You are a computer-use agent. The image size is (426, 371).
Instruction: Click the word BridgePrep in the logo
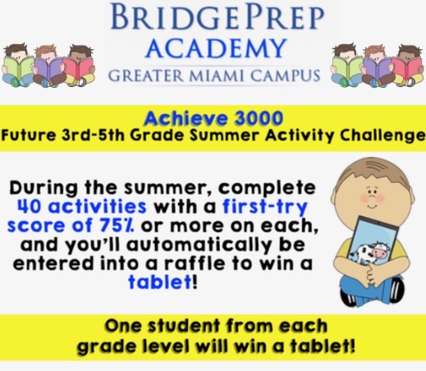[x=218, y=17]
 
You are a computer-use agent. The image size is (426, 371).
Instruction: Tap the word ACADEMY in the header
[x=216, y=48]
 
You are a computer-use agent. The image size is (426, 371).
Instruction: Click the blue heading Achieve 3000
[x=213, y=118]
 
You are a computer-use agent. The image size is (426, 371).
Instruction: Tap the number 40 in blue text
[x=30, y=206]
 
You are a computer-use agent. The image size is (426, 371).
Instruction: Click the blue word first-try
[x=265, y=208]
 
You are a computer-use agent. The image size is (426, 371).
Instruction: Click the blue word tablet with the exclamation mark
[x=160, y=282]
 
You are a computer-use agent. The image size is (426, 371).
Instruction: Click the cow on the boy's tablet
[x=370, y=252]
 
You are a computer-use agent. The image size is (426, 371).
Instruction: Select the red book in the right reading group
[x=407, y=68]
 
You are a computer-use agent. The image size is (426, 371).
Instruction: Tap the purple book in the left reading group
[x=48, y=70]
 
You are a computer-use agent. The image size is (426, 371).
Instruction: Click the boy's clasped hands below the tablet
[x=375, y=273]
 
